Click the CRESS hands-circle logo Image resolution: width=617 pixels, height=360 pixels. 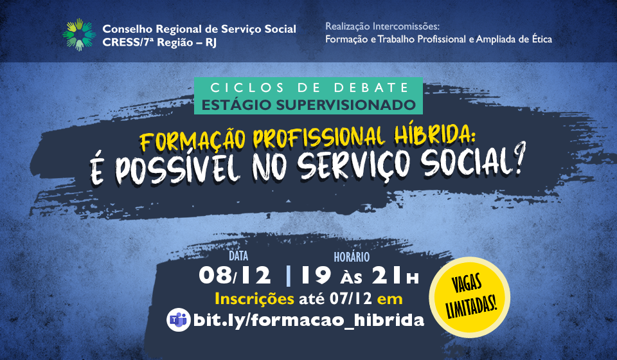(79, 35)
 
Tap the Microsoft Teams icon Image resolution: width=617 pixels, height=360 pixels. (178, 320)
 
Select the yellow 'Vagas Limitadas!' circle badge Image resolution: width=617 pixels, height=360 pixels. (469, 297)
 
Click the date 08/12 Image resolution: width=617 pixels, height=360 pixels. (235, 275)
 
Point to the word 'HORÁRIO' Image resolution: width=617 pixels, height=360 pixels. (352, 257)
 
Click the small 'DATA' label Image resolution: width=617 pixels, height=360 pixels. (238, 256)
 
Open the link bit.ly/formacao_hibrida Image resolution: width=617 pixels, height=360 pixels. (309, 320)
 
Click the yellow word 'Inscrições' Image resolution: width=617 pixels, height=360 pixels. (255, 299)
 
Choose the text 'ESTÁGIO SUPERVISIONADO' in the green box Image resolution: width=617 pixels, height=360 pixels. (308, 105)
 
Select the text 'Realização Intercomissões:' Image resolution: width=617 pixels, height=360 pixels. (382, 26)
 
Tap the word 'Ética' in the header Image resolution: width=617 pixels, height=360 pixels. (541, 39)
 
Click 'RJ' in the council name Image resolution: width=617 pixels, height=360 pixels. (211, 42)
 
